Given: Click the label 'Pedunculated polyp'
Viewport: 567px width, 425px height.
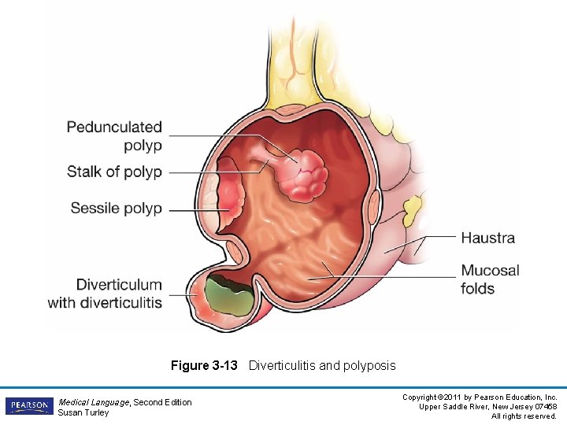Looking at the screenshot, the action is pos(114,135).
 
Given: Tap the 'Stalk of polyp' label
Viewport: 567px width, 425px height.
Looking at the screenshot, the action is pos(114,172).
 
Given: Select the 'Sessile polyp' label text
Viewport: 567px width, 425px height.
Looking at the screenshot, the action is pos(116,209).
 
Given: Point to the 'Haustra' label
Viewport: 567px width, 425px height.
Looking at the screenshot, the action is pos(487,238).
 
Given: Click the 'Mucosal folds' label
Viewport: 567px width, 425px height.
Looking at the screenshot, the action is pos(490,279).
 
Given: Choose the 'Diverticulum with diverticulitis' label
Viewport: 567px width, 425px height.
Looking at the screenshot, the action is pos(106,294).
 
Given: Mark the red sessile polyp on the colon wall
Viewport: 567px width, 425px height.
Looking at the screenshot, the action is pos(228,195).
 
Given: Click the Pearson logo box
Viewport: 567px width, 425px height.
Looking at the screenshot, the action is pos(28,406).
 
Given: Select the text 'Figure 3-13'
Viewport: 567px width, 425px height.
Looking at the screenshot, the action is pos(204,365).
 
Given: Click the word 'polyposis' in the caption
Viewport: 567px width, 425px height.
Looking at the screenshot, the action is pos(369,365).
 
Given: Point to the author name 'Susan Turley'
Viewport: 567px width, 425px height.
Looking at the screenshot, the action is pos(83,412).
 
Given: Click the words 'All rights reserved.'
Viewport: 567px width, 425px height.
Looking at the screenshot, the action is pos(524,416).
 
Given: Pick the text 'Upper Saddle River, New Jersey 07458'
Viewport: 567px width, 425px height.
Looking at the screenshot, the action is pos(489,406).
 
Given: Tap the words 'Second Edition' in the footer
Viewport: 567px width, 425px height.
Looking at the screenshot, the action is pos(162,402).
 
